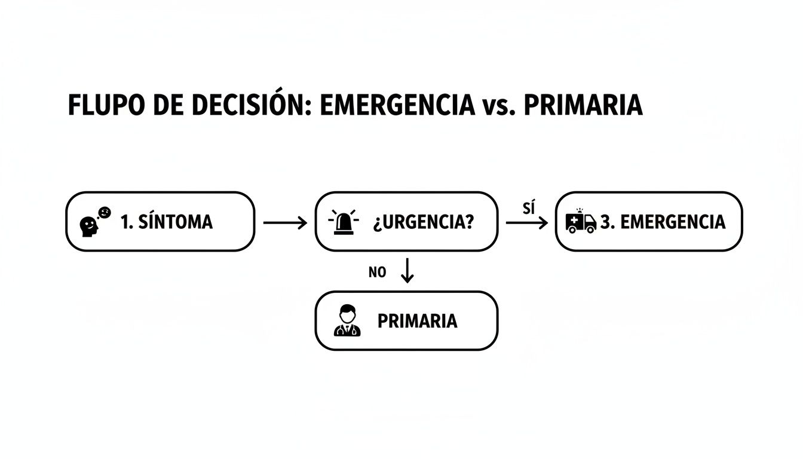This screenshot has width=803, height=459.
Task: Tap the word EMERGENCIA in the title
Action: click(x=397, y=106)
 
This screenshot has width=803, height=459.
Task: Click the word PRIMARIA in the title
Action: click(x=583, y=106)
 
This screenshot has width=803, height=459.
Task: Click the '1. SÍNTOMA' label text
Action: click(x=166, y=222)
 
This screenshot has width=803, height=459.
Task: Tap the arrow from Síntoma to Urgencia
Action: click(x=284, y=223)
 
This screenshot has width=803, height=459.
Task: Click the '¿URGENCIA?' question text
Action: click(x=424, y=222)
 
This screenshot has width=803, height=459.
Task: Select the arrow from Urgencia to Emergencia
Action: click(x=526, y=223)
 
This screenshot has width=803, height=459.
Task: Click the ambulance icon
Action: click(x=580, y=221)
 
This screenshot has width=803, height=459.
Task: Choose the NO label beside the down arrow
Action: click(x=378, y=273)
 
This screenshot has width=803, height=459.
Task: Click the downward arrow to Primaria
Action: click(x=407, y=271)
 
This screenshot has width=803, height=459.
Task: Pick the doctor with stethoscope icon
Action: click(x=347, y=321)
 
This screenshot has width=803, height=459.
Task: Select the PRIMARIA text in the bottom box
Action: click(x=417, y=321)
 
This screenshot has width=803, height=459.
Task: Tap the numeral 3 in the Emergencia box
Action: click(x=606, y=222)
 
